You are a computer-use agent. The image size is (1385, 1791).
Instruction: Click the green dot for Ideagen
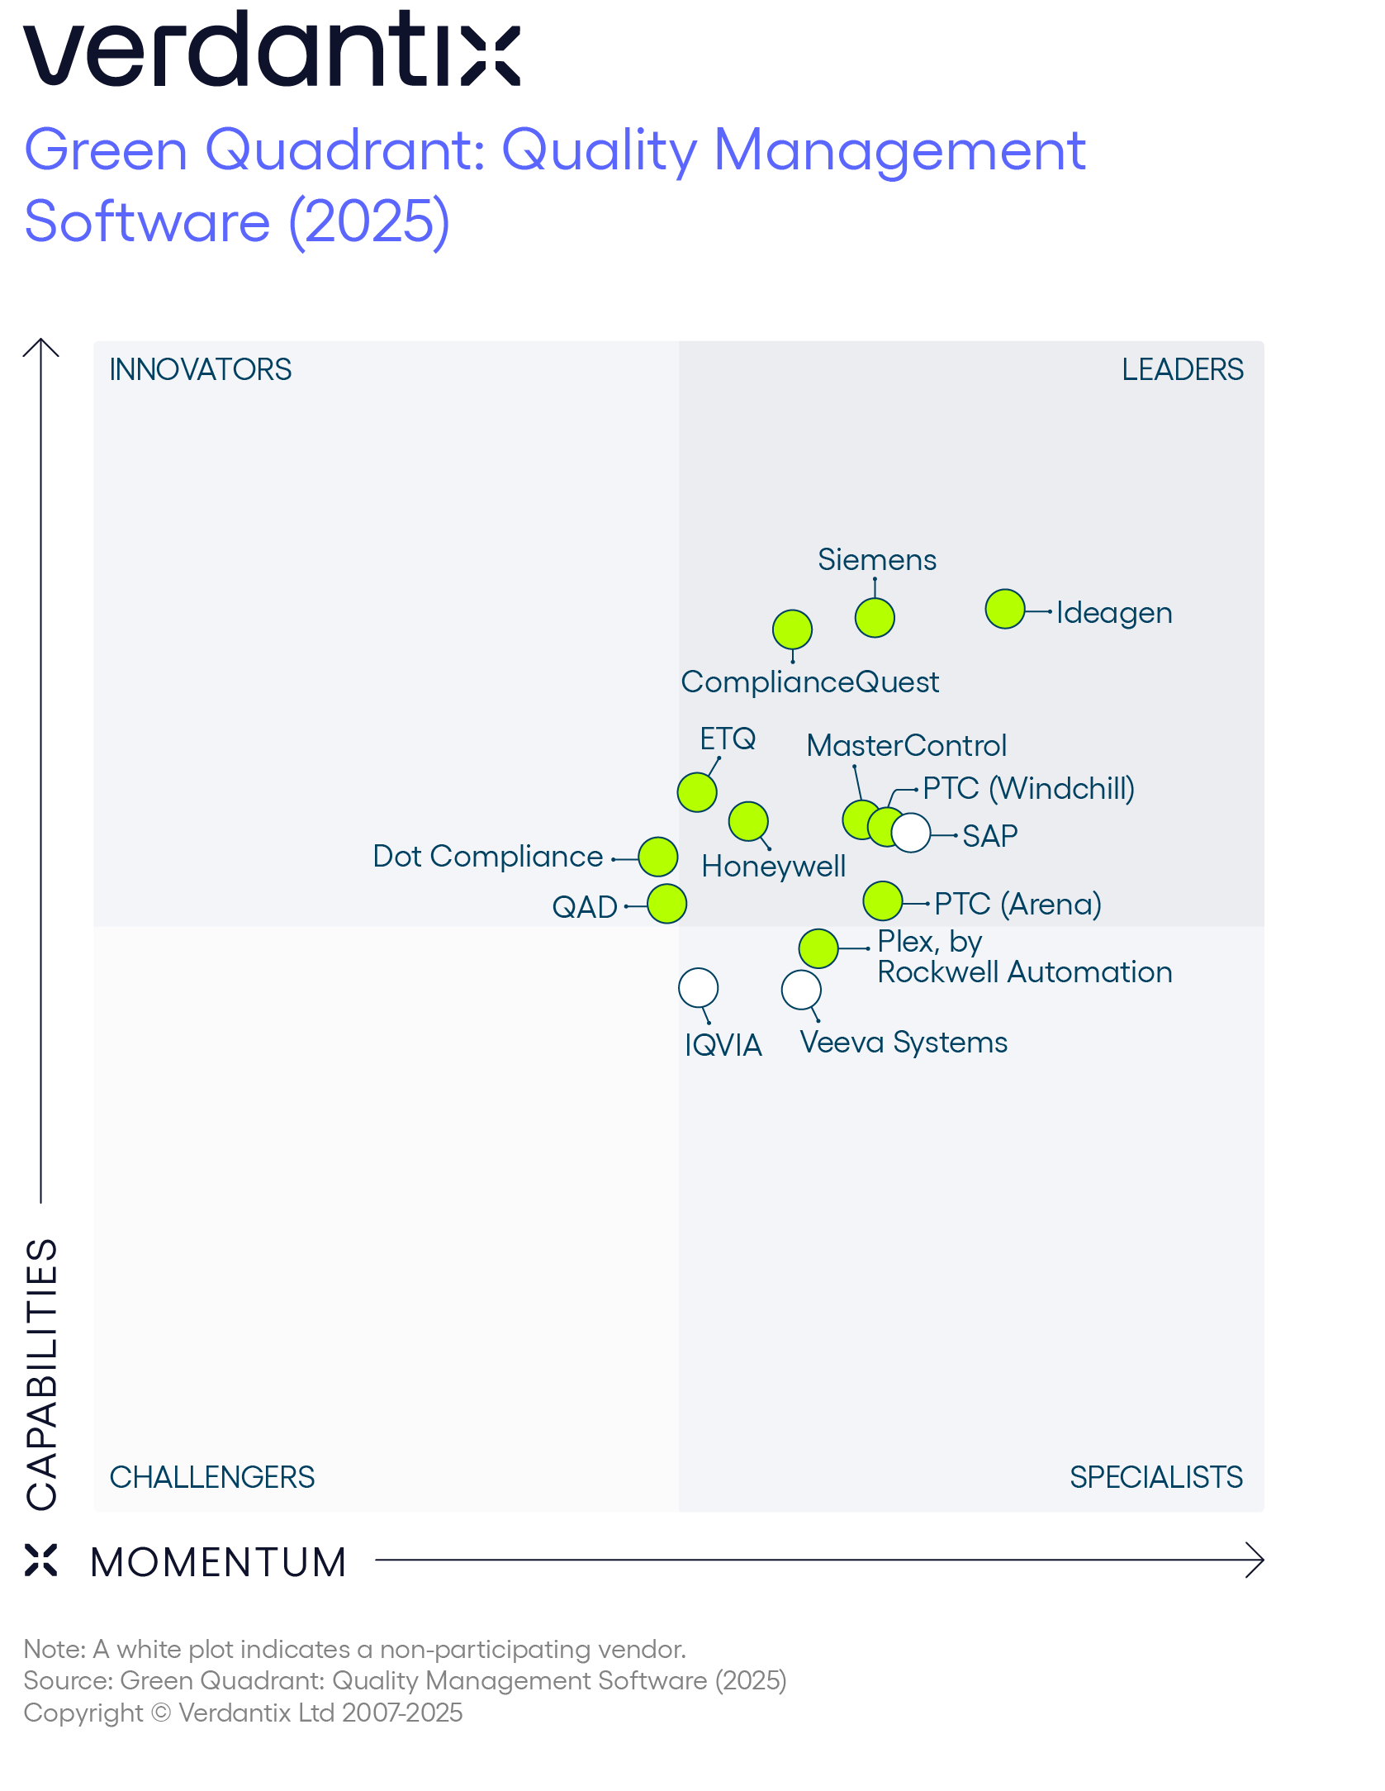tap(1005, 610)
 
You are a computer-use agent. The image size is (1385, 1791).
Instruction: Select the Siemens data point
tap(875, 618)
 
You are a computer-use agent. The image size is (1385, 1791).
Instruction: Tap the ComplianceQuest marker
tap(792, 630)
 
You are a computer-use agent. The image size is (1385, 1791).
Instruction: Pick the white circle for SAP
tap(912, 833)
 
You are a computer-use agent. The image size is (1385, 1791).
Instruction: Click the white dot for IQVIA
tap(699, 988)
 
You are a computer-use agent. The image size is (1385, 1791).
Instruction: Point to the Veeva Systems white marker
tap(801, 990)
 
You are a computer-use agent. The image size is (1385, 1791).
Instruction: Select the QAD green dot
tap(667, 904)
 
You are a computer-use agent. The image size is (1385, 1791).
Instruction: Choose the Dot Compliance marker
tap(658, 857)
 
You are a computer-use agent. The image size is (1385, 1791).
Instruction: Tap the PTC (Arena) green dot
tap(883, 901)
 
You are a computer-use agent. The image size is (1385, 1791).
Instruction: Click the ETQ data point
tap(697, 793)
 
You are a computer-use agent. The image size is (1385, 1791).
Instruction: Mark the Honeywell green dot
tap(749, 822)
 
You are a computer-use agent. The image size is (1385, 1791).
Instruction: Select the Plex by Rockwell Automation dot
tap(818, 948)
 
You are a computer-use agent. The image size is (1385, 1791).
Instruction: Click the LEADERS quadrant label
tap(1182, 369)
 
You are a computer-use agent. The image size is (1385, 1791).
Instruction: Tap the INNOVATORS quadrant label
tap(201, 369)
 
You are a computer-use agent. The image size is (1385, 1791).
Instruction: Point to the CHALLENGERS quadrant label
tap(212, 1477)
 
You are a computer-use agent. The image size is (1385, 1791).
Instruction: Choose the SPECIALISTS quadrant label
tap(1155, 1477)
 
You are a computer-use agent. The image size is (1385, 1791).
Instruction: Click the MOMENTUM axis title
tap(218, 1562)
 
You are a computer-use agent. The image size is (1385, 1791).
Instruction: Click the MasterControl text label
tap(906, 746)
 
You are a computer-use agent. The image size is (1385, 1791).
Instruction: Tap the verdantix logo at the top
tap(272, 49)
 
